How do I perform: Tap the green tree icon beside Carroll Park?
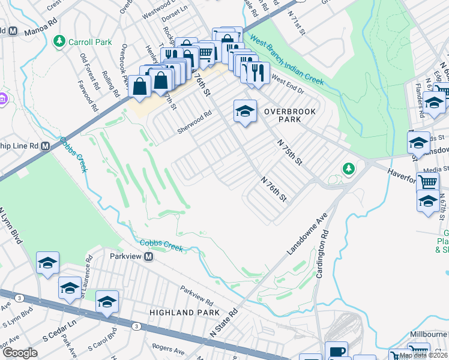59,41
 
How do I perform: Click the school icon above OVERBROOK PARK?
244,110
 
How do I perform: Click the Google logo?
20,353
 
